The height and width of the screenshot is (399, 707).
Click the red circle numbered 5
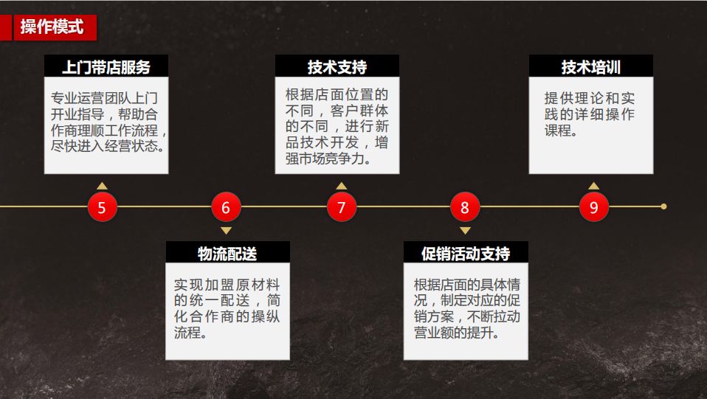[102, 207]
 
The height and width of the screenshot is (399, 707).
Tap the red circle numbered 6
[226, 207]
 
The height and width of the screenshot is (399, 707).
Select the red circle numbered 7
[341, 207]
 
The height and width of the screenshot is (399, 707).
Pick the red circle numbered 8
[464, 207]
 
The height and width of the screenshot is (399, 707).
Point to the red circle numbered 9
[593, 207]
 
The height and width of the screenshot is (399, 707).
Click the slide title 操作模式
[52, 28]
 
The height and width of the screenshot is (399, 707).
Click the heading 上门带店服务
[106, 67]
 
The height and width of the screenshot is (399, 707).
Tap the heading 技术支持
[337, 67]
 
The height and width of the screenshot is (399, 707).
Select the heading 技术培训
[591, 67]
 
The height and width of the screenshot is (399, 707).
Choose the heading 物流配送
[227, 254]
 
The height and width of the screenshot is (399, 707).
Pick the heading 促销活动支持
[466, 254]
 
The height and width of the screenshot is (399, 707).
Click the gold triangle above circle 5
[102, 186]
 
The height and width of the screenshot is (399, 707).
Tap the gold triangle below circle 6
[226, 231]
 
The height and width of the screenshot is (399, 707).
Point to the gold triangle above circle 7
[341, 186]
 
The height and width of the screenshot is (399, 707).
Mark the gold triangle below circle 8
[464, 231]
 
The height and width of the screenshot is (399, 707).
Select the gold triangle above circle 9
[593, 186]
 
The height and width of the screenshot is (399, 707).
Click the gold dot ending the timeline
[663, 207]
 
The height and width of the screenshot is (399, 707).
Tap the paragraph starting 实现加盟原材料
[227, 308]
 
